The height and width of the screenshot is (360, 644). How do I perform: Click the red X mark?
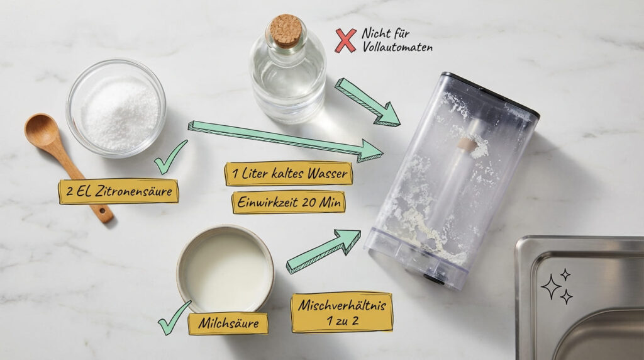click(345, 40)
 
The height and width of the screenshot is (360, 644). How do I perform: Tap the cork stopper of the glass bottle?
click(286, 30)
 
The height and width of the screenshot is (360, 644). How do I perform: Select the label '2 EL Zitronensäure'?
click(119, 191)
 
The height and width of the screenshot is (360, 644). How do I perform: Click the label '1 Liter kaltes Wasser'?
click(289, 173)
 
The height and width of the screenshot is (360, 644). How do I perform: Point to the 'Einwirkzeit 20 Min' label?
click(289, 202)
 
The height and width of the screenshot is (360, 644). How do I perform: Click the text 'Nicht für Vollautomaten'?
click(397, 40)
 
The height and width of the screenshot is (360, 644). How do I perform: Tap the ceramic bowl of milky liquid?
click(225, 267)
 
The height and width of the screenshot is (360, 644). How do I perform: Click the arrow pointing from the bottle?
click(367, 101)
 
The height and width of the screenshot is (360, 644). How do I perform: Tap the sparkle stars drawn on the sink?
click(557, 286)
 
